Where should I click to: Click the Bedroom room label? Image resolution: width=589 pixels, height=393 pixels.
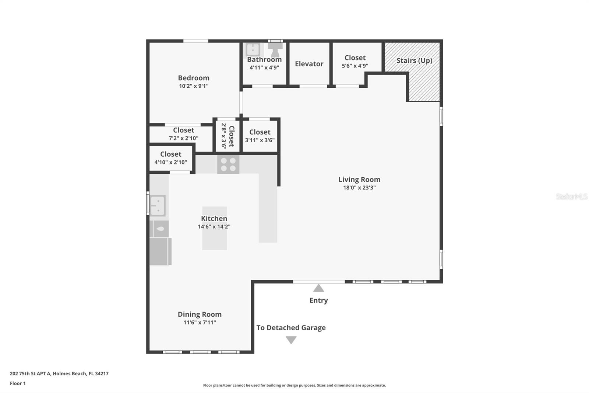(194, 78)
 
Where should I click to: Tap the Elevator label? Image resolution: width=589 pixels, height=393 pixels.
(309, 64)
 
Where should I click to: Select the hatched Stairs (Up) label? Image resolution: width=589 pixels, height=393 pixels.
(414, 60)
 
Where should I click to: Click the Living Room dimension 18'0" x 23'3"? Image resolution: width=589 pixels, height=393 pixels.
(359, 188)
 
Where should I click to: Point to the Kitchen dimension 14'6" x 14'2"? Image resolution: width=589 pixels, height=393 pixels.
(214, 226)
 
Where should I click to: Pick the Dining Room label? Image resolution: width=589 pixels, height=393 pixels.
(200, 314)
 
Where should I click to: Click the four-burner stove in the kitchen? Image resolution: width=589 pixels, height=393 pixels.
(228, 164)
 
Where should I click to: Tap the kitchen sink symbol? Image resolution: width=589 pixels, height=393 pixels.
(158, 206)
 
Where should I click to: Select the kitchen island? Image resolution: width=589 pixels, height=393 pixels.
(214, 228)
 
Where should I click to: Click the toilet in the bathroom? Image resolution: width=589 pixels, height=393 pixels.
(275, 49)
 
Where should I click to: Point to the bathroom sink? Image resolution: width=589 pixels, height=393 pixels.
(253, 49)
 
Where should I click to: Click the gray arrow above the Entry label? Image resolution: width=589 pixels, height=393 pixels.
(318, 288)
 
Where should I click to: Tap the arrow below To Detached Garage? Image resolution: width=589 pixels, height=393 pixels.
(291, 340)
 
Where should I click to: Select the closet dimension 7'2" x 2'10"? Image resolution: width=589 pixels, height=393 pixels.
(184, 138)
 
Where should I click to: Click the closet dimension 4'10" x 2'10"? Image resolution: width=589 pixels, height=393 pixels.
(171, 162)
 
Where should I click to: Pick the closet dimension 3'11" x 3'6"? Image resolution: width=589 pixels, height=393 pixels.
(260, 140)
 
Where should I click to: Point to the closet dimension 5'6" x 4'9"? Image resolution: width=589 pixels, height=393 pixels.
(355, 66)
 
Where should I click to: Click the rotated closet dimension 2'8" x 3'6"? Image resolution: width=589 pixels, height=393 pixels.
(223, 136)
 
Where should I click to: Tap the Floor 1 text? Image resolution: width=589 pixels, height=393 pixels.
(18, 383)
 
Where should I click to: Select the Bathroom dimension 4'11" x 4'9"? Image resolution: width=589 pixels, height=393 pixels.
(264, 67)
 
